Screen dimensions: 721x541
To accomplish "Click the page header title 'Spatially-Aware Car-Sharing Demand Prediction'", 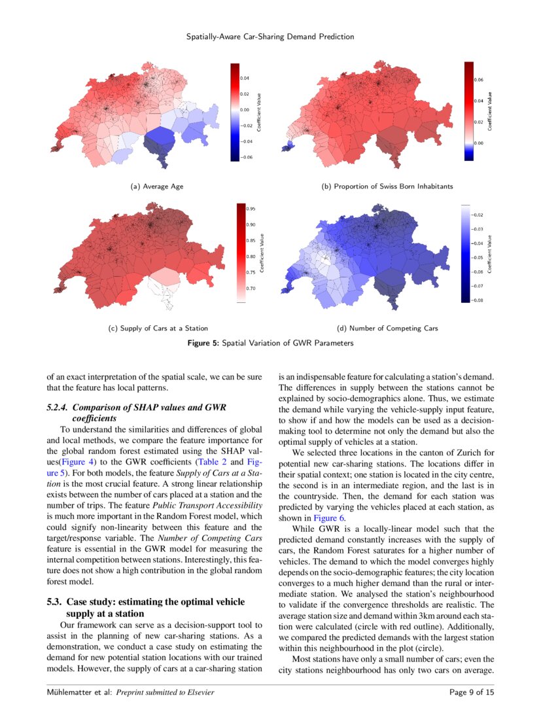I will click(x=270, y=37).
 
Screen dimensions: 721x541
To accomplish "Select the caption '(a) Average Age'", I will click(x=157, y=186).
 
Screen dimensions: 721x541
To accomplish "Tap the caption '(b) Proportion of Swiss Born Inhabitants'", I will click(x=387, y=186).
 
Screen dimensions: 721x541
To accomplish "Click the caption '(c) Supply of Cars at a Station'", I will click(x=158, y=328).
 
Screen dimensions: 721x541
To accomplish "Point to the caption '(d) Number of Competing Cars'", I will click(x=387, y=328).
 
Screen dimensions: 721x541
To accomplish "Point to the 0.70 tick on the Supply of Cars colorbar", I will click(x=251, y=288).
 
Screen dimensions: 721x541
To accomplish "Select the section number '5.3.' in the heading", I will click(x=56, y=601).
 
